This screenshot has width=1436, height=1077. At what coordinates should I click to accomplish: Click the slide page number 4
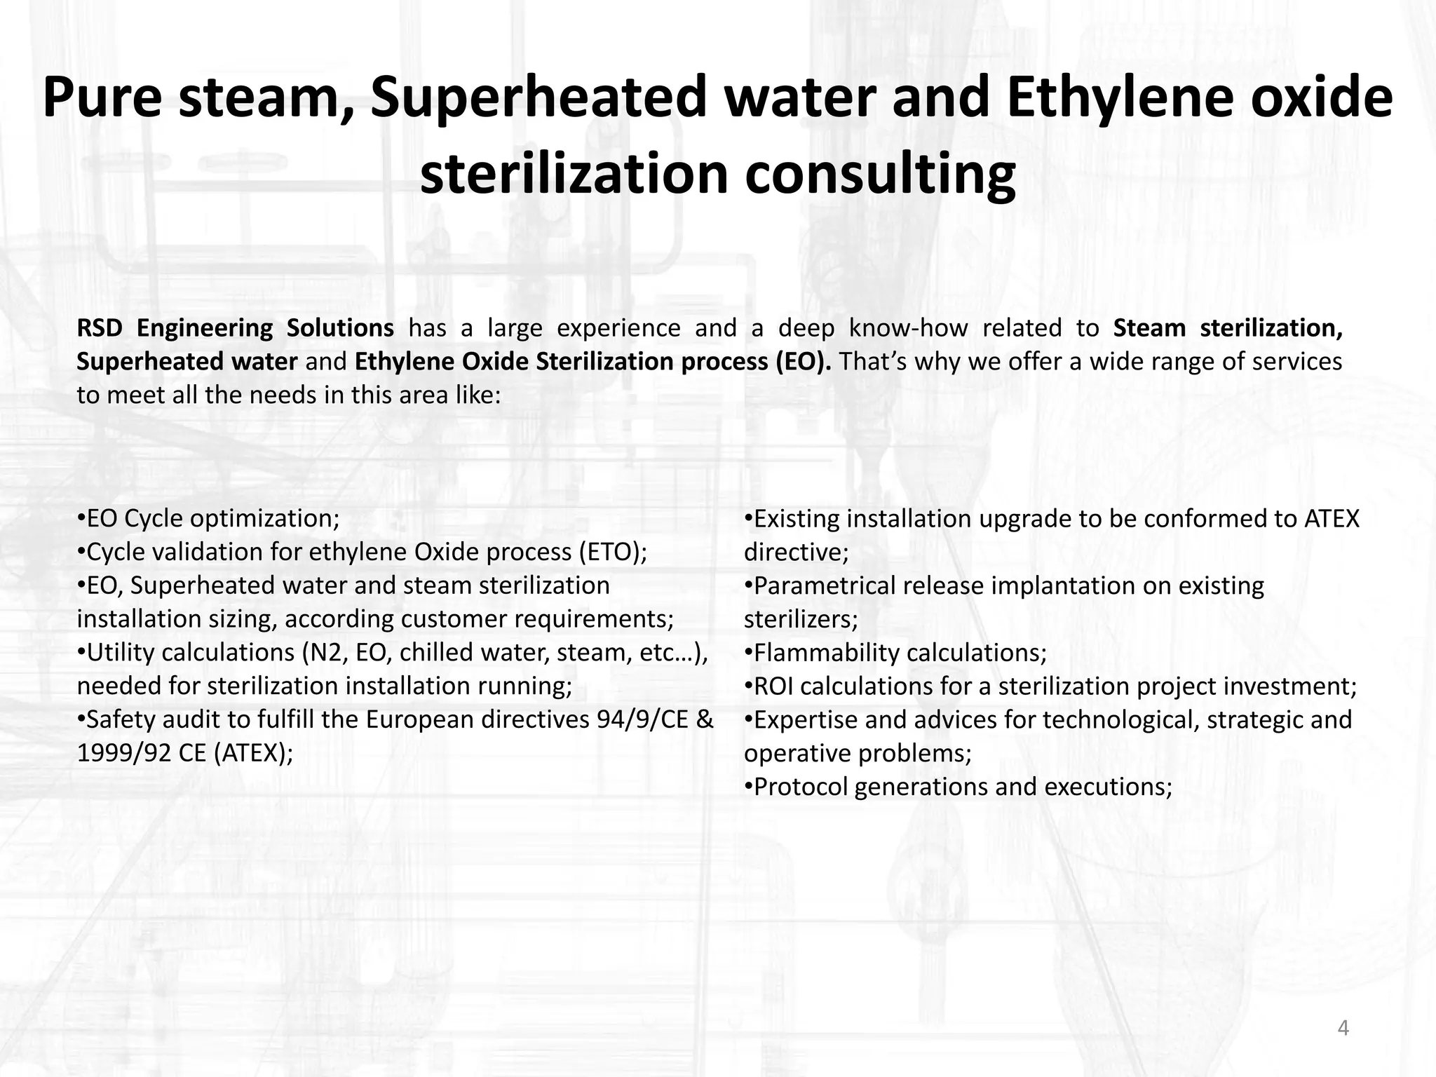pos(1343,1029)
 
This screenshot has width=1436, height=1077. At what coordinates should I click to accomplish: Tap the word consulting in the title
pos(879,173)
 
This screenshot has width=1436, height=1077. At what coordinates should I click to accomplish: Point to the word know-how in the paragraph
pos(908,328)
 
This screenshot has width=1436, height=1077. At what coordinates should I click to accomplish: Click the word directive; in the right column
pos(796,553)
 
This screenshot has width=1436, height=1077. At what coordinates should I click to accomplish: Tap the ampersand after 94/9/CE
pos(705,720)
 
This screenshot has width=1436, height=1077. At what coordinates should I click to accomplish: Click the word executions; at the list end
pos(1108,787)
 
